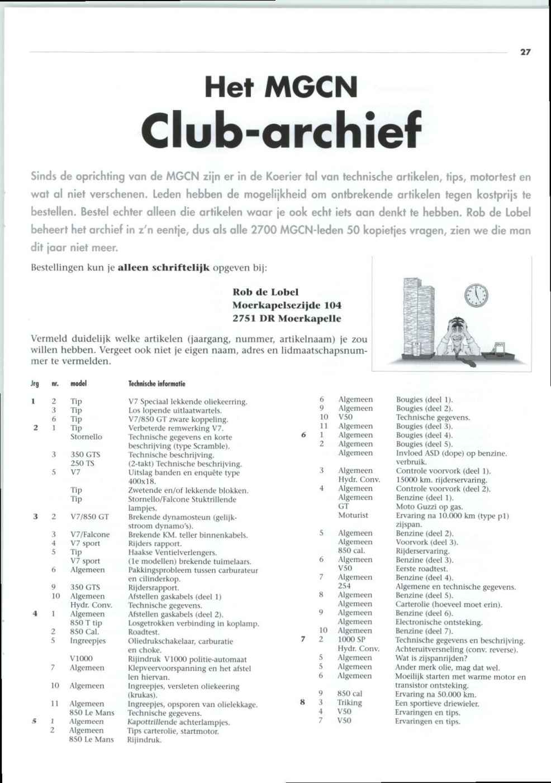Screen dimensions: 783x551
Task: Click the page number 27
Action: click(525, 52)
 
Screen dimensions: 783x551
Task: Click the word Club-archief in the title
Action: click(281, 127)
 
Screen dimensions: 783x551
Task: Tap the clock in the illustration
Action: click(476, 294)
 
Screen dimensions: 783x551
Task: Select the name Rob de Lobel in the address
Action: click(265, 292)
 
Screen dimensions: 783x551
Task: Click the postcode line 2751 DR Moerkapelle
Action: click(287, 319)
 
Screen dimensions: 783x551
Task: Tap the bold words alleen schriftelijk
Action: click(164, 268)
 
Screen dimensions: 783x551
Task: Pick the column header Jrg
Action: click(35, 384)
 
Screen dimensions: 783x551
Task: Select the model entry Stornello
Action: click(86, 437)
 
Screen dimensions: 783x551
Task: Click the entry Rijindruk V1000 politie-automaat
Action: click(187, 659)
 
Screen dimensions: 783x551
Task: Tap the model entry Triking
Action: click(350, 703)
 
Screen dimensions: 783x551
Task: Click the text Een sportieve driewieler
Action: click(437, 703)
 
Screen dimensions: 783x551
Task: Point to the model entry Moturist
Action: click(353, 515)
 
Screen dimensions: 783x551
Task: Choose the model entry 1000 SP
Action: click(351, 639)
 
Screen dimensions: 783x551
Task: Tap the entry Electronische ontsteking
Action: click(439, 622)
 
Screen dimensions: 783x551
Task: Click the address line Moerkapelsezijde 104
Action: click(287, 305)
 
